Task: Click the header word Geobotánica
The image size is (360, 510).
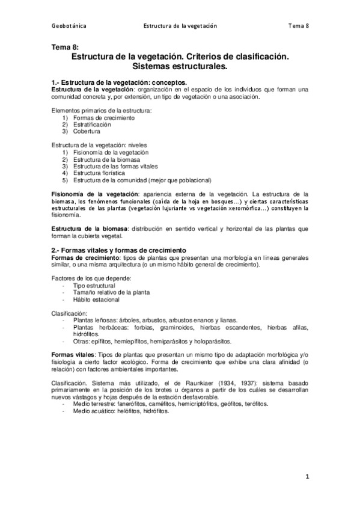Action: (x=69, y=26)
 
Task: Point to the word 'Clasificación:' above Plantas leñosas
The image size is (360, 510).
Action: (x=69, y=313)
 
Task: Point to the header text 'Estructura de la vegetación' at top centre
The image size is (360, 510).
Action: (x=180, y=26)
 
